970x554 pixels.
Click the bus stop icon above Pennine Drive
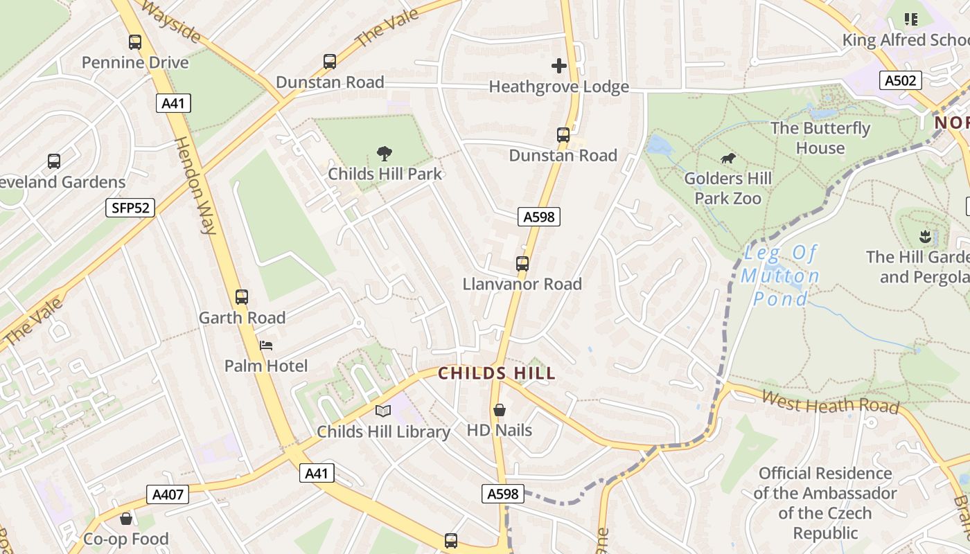click(x=135, y=42)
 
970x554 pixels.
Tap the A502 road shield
click(x=901, y=80)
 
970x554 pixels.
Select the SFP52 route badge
click(x=130, y=208)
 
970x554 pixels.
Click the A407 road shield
click(x=168, y=494)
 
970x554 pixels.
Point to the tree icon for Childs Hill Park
click(x=385, y=154)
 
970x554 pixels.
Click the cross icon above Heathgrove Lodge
click(x=558, y=66)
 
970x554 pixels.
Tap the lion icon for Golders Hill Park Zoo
click(x=727, y=159)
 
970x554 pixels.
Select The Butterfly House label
click(x=820, y=138)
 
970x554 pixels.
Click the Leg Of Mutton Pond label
click(x=780, y=276)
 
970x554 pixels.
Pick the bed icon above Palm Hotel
click(x=266, y=345)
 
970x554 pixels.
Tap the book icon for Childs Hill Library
click(x=383, y=411)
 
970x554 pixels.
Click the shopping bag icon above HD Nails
click(x=499, y=410)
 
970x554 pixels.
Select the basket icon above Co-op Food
click(x=126, y=519)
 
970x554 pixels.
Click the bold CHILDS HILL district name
click(x=497, y=374)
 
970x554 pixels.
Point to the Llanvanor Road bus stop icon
click(x=522, y=264)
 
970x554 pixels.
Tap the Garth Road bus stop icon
click(x=242, y=297)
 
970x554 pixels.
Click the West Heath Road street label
click(x=830, y=402)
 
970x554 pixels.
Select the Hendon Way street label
click(x=194, y=186)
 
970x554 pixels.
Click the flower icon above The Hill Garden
click(x=924, y=237)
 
